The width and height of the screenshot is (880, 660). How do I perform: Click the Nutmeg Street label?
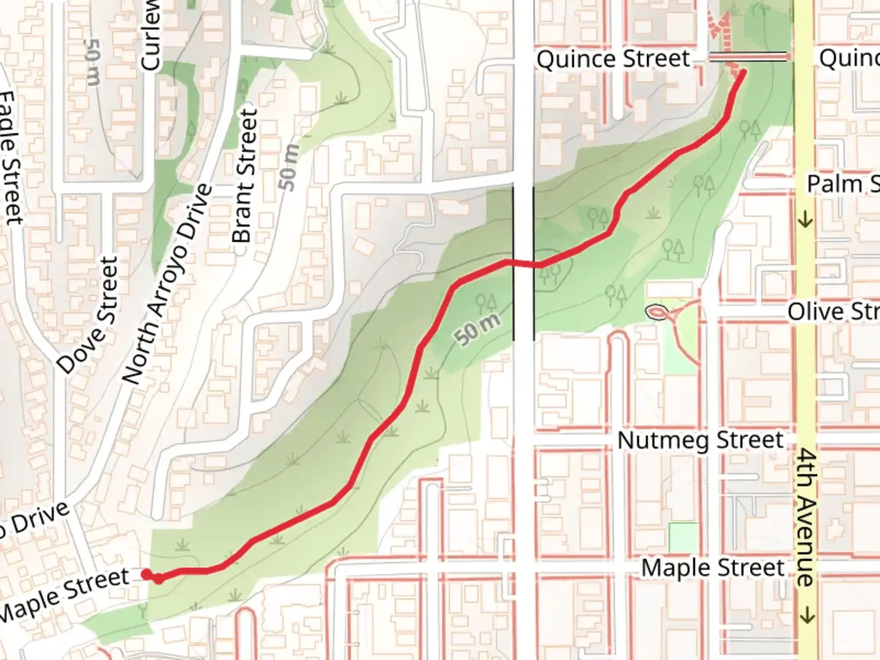point(700,441)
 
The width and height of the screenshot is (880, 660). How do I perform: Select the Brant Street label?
point(246,176)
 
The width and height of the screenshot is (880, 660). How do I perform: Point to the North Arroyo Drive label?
point(168,284)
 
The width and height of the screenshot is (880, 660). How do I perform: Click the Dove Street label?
point(88,315)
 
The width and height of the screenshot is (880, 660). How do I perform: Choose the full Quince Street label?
point(613,59)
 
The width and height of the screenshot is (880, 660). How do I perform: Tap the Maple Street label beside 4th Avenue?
point(713,568)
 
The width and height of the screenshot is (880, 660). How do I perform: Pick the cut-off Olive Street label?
point(833,312)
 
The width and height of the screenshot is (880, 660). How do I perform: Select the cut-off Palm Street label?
point(843,183)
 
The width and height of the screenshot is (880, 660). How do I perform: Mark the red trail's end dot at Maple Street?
point(147,574)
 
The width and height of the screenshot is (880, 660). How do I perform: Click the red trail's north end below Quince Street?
point(743,74)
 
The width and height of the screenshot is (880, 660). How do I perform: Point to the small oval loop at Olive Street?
point(657,312)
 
